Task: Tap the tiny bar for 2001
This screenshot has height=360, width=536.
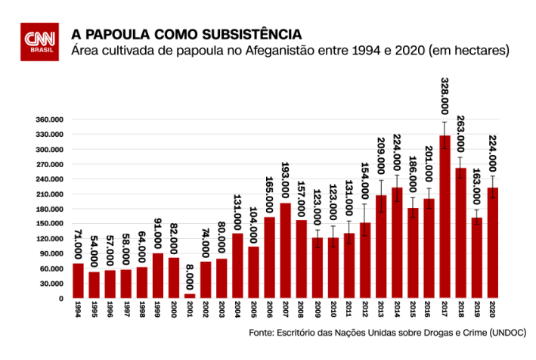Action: point(189,296)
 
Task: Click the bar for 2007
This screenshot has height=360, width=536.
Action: point(285,250)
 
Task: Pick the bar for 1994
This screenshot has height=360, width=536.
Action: point(78,281)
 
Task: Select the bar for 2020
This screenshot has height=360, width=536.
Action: point(492,243)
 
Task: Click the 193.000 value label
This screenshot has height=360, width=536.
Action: point(286,178)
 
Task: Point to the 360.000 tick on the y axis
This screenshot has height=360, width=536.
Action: point(48,119)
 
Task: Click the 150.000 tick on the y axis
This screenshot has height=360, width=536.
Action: point(48,224)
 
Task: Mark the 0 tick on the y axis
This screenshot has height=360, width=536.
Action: point(60,299)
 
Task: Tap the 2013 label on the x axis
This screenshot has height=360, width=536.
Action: point(380,309)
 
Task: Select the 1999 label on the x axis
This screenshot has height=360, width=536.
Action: point(158,309)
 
